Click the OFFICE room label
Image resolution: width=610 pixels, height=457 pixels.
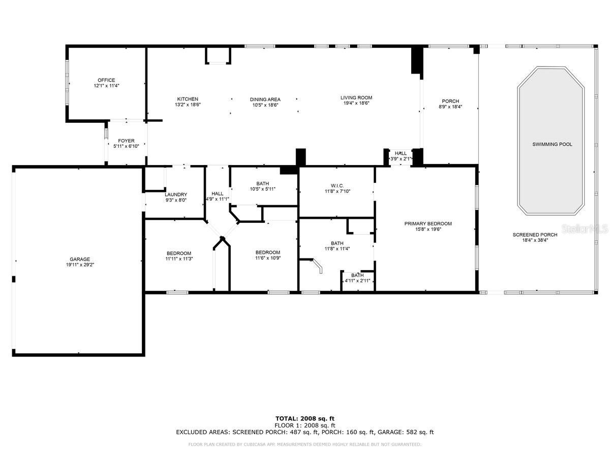[x=106, y=80]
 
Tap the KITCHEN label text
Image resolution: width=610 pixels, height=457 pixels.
[x=188, y=99]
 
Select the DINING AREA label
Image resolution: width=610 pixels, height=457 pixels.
[x=265, y=100]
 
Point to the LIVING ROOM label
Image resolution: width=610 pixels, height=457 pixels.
[x=356, y=97]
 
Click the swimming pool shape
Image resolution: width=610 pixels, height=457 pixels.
[x=551, y=141]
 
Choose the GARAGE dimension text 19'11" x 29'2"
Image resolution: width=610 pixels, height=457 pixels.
[x=80, y=265]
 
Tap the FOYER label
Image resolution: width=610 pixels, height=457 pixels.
[x=126, y=141]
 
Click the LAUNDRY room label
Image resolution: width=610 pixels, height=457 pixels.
[x=176, y=194]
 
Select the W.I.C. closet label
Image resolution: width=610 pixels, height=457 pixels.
[x=338, y=186]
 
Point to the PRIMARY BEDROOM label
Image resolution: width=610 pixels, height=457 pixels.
[x=428, y=223]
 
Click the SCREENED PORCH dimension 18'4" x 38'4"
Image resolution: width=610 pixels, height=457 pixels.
[x=535, y=240]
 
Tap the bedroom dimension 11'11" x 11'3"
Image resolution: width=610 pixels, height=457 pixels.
[x=179, y=258]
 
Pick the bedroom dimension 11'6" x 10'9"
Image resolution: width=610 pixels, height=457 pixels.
[x=268, y=258]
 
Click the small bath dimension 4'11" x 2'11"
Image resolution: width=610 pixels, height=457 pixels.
[x=357, y=281]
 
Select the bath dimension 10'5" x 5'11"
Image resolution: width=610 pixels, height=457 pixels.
[x=263, y=189]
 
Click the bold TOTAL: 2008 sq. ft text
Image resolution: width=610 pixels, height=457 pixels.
[x=305, y=419]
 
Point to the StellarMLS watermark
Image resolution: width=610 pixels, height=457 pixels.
[x=585, y=229]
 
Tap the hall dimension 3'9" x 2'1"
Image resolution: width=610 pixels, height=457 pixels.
[x=401, y=159]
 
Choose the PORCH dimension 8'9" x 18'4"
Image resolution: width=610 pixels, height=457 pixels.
[x=450, y=107]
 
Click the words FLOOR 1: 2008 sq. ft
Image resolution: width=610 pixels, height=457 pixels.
[x=305, y=426]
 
